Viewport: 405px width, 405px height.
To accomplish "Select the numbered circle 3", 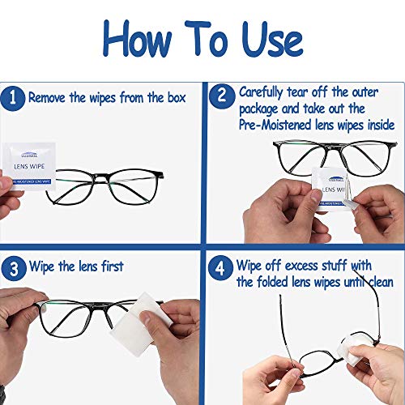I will pyautogui.click(x=13, y=266).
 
